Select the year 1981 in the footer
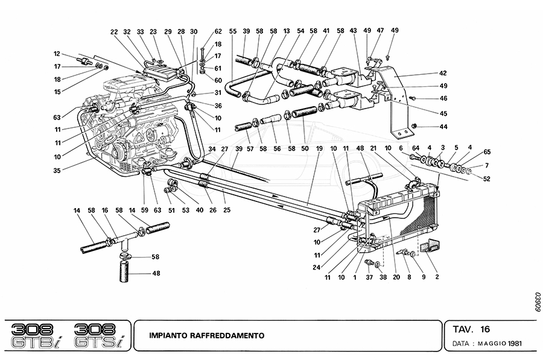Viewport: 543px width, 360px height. (515, 344)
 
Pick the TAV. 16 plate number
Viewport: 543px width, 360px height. (471, 329)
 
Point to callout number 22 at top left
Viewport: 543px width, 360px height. (114, 31)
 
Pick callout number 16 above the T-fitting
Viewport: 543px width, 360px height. (104, 210)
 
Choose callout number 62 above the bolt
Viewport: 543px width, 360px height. (218, 31)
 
